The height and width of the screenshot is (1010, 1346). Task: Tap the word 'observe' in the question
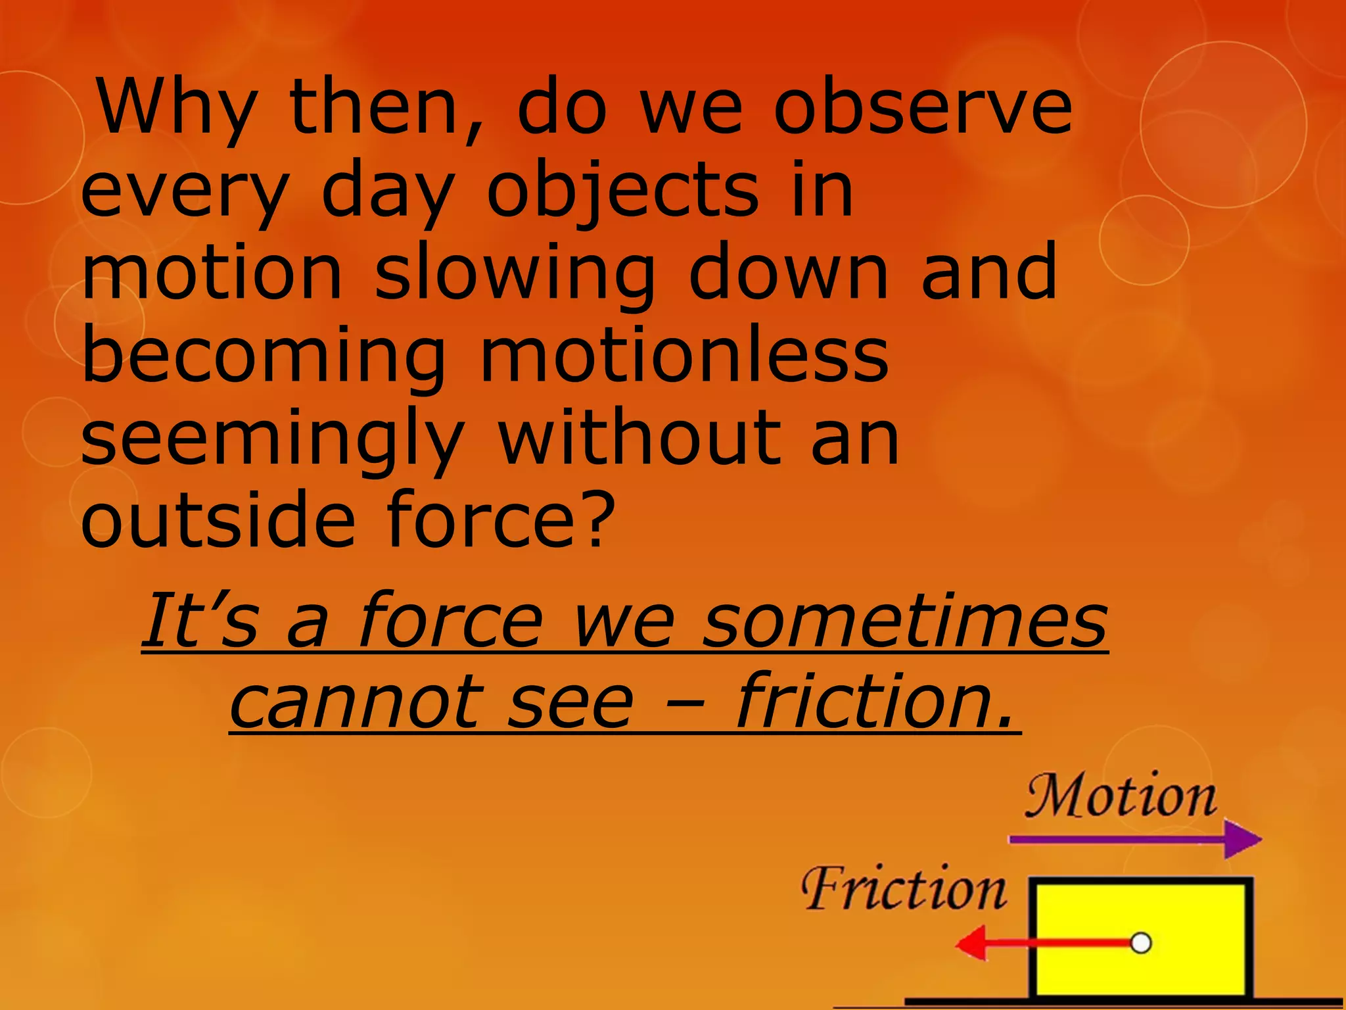[923, 107]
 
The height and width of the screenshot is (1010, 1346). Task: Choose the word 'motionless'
[684, 355]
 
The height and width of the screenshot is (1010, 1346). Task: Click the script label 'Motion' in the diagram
[1121, 797]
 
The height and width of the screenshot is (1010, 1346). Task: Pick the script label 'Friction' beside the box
[904, 889]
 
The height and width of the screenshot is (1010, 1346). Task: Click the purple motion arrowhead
[1242, 840]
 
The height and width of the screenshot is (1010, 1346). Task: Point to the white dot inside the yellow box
[1141, 943]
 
